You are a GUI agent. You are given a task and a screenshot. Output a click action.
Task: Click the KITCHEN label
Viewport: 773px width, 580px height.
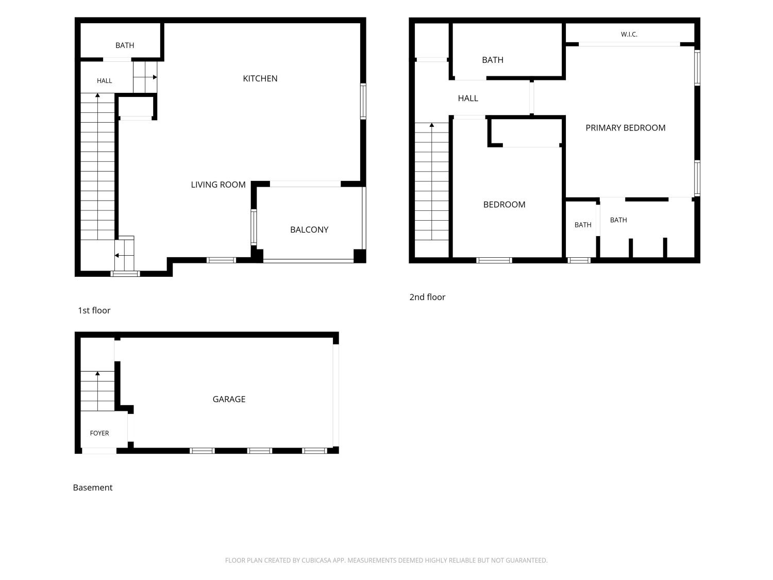(260, 78)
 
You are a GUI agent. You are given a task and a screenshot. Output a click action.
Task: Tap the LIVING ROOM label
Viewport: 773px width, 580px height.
(218, 185)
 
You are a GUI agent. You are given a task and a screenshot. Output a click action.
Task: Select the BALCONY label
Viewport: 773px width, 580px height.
(309, 229)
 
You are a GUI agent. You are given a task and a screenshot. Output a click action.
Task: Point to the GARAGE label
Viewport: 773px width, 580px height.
(229, 399)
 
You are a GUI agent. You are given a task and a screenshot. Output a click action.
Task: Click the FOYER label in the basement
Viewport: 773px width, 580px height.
(99, 433)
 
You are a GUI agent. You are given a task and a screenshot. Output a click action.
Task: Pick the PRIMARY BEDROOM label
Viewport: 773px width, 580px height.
(625, 128)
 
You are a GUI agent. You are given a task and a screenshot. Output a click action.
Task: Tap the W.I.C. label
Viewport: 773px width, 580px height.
(629, 34)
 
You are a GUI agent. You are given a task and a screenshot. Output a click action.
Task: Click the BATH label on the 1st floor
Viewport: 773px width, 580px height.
(125, 45)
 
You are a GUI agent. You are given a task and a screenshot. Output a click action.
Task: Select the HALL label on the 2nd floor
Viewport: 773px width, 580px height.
(468, 98)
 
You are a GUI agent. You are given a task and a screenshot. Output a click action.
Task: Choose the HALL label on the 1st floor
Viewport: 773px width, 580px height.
(104, 81)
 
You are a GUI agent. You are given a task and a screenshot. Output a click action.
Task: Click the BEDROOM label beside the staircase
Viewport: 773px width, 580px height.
(504, 205)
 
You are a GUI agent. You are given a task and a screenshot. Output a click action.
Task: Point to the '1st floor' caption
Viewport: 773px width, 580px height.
(94, 310)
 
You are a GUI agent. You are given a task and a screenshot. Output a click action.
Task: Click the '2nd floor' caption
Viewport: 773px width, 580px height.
(427, 297)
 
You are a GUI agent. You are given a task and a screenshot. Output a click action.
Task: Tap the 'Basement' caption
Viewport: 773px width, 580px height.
(93, 487)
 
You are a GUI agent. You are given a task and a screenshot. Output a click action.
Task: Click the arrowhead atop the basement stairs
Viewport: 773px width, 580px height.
(97, 373)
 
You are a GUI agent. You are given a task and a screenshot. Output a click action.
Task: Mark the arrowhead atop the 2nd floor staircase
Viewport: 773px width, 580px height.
(432, 125)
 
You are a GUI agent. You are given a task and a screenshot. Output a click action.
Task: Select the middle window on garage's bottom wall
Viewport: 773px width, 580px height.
(260, 451)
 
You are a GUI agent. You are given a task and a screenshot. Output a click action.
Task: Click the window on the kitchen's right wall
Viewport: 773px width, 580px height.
(363, 102)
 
